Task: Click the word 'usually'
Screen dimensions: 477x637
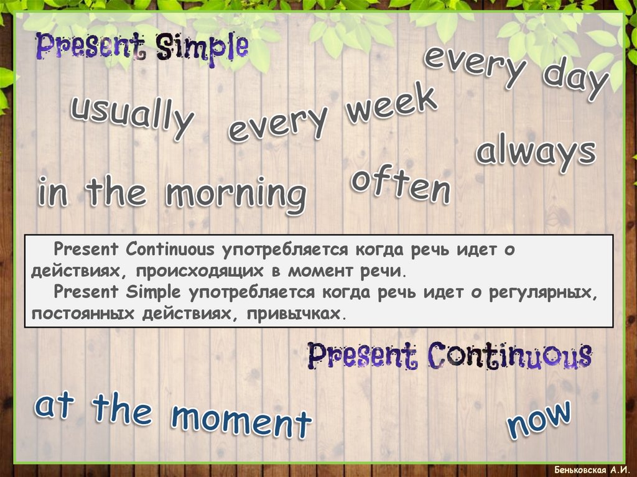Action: [x=131, y=115]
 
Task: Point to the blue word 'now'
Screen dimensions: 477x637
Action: [x=539, y=419]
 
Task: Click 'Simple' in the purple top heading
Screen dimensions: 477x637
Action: [x=202, y=47]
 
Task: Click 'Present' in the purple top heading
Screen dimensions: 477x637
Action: [x=91, y=45]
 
